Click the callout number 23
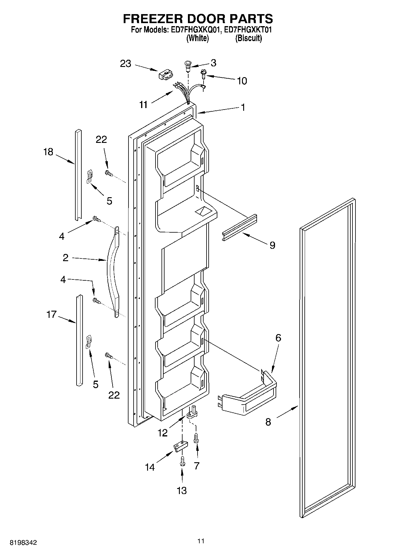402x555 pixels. click(126, 64)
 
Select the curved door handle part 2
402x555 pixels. click(112, 270)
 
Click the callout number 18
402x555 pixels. click(48, 152)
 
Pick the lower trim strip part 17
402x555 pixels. click(79, 340)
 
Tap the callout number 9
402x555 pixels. click(272, 245)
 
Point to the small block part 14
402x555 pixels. click(180, 446)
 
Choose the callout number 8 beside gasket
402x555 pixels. click(268, 422)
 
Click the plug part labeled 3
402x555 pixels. click(188, 65)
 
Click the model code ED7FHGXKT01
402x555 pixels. click(248, 30)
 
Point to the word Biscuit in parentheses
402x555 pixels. click(248, 38)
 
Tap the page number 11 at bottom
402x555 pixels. click(201, 541)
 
